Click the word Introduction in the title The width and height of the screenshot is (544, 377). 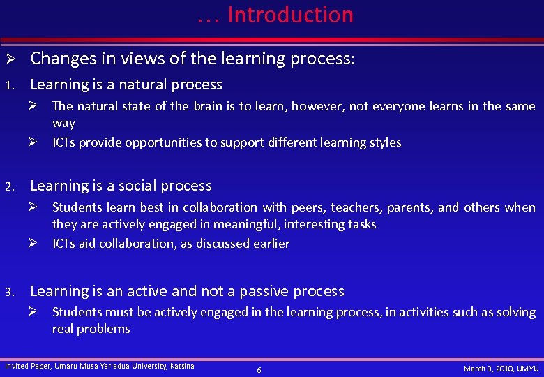coord(290,15)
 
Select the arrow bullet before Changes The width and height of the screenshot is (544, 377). coord(10,59)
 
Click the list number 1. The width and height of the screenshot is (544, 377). coord(9,86)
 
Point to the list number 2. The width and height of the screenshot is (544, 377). coord(9,187)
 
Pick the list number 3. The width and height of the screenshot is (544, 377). coord(9,292)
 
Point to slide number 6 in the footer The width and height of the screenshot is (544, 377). coord(259,369)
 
